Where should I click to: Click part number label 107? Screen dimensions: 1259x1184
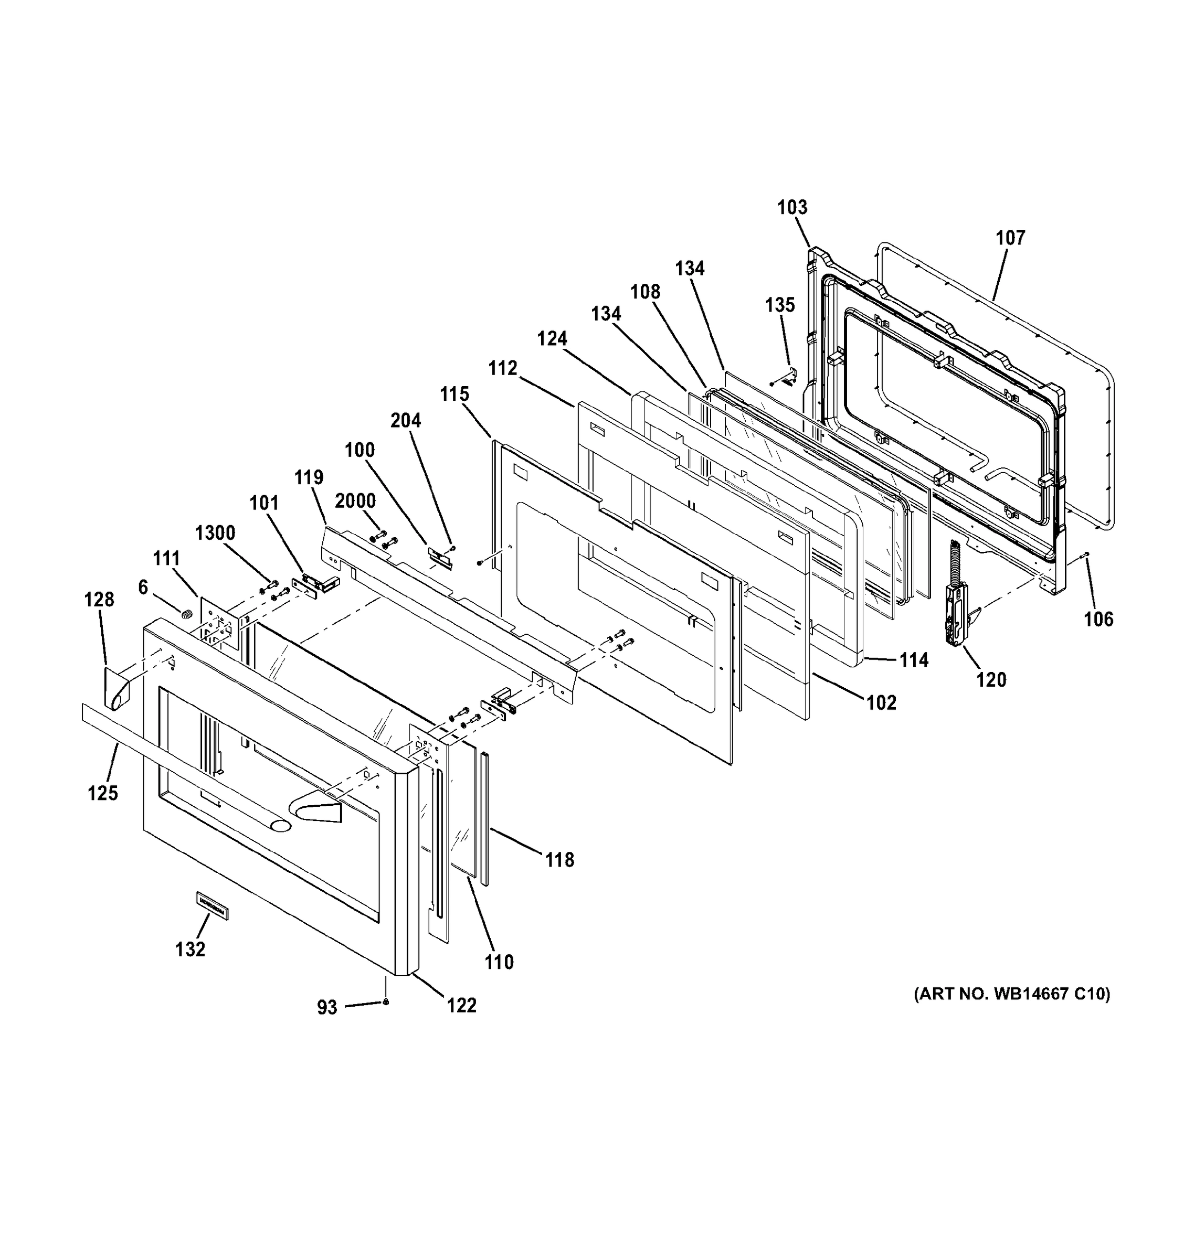point(1010,238)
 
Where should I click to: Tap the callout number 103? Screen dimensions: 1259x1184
point(792,207)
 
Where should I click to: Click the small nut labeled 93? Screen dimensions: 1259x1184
point(386,1001)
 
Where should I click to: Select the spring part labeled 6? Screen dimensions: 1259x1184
point(186,614)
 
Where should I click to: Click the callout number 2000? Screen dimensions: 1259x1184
point(355,501)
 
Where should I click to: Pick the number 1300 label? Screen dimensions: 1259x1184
point(215,533)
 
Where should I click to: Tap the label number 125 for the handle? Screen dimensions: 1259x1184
point(103,792)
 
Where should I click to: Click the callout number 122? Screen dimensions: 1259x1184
point(461,1005)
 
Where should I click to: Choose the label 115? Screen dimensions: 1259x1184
point(455,394)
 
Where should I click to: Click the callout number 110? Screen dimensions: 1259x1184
point(499,962)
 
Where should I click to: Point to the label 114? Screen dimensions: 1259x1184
point(914,660)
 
